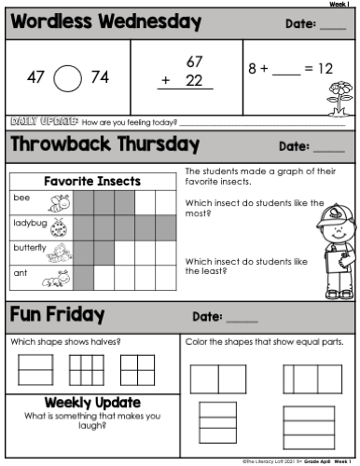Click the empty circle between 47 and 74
[x=68, y=78]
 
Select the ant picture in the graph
[x=59, y=277]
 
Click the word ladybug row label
[x=27, y=223]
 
